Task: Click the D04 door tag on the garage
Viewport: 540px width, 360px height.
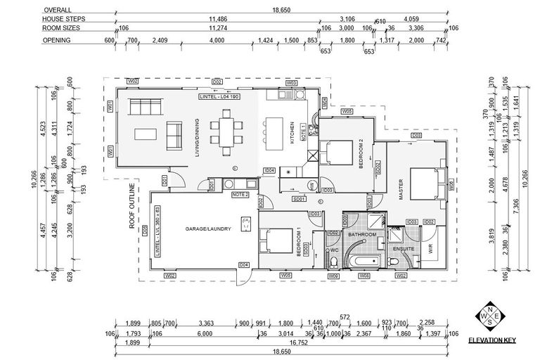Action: (x=243, y=264)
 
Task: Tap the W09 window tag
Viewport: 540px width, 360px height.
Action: (x=335, y=276)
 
